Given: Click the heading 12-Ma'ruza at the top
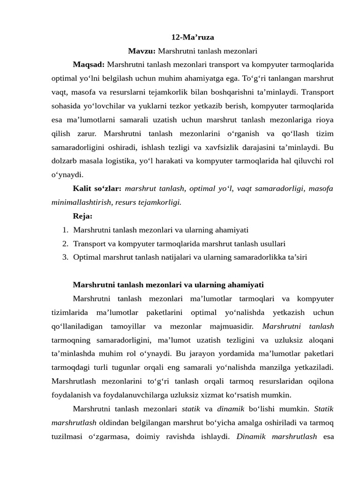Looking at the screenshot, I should [193, 37].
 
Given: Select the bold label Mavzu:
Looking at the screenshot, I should [142, 51].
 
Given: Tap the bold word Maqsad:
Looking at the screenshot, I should [89, 64].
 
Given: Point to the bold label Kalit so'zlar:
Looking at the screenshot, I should [97, 189].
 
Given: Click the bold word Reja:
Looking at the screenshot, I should [83, 216].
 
